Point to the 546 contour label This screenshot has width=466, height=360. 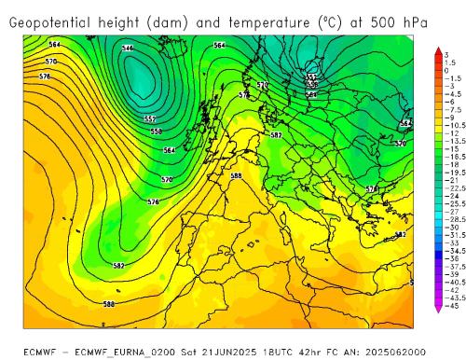128,48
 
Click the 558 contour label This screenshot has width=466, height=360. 156,132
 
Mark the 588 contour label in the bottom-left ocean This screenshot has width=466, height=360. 109,304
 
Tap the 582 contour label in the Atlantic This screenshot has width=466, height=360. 118,266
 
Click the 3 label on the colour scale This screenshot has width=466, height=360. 446,55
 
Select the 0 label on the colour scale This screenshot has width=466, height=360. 446,70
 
